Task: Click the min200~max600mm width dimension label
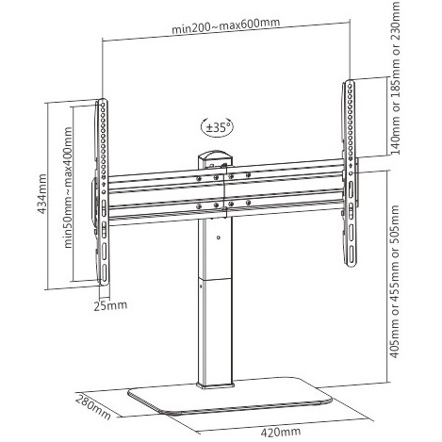(225, 25)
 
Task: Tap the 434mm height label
(42, 194)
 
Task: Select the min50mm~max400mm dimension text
(68, 188)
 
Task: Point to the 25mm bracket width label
(110, 305)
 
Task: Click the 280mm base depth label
(93, 407)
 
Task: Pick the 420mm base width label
(280, 432)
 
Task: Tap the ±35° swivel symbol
(218, 127)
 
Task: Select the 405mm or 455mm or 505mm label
(394, 282)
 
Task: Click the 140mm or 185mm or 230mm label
(395, 77)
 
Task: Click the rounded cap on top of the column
(216, 156)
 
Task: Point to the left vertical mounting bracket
(103, 192)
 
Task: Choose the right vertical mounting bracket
(350, 173)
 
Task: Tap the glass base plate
(230, 397)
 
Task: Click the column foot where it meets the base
(216, 385)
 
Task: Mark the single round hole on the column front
(219, 237)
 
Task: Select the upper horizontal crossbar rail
(226, 177)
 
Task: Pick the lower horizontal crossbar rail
(226, 207)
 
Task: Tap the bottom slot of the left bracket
(104, 272)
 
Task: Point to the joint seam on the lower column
(216, 279)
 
